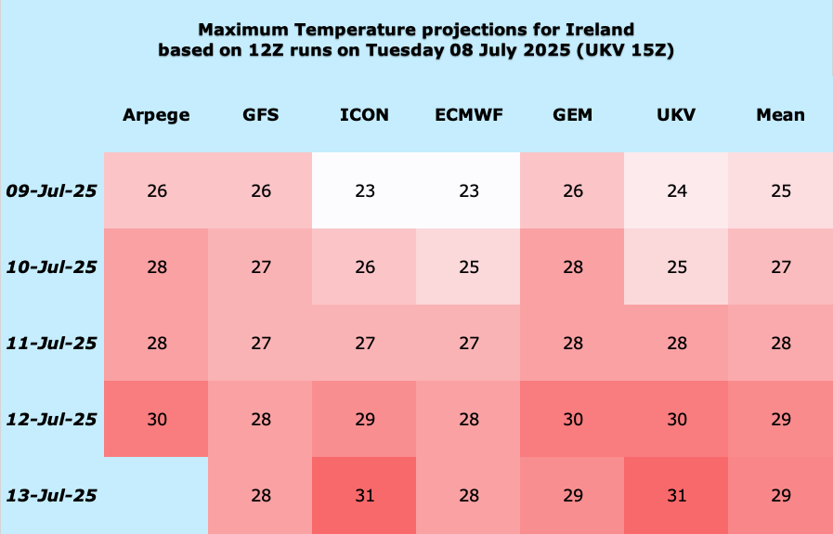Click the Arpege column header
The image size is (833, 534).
156,115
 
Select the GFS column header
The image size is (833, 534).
260,115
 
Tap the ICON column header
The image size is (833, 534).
364,115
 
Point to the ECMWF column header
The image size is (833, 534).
469,115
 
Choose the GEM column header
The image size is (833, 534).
572,115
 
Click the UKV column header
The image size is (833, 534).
676,115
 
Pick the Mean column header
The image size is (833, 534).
780,115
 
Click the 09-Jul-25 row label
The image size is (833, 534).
51,190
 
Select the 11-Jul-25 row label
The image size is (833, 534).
51,344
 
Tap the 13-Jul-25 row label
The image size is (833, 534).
51,496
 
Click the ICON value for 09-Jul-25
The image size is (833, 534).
365,190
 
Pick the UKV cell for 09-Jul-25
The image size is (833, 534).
677,190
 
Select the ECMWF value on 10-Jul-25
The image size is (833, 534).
469,267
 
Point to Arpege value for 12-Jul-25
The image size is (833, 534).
157,419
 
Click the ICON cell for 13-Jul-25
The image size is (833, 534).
365,496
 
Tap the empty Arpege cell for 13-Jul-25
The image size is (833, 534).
156,495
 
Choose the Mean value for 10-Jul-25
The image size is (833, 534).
781,267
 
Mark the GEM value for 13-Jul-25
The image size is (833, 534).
573,496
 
